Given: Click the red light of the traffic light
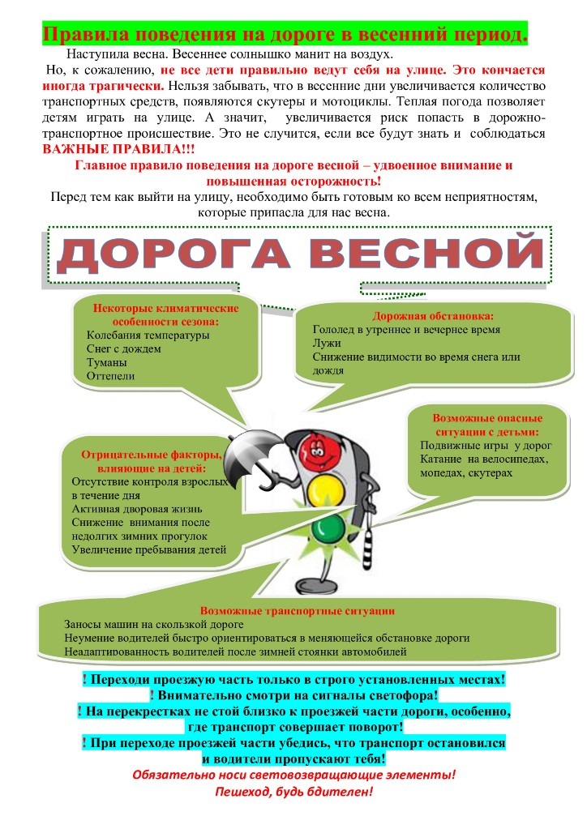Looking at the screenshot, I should click(x=319, y=449).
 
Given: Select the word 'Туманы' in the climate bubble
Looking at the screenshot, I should click(x=107, y=362).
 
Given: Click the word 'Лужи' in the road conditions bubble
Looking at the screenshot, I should click(x=325, y=344).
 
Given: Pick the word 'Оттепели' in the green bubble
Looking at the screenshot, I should click(x=111, y=375).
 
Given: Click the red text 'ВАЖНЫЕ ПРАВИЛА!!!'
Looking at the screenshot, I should click(x=114, y=151).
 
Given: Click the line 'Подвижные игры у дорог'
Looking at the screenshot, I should click(x=486, y=446).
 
